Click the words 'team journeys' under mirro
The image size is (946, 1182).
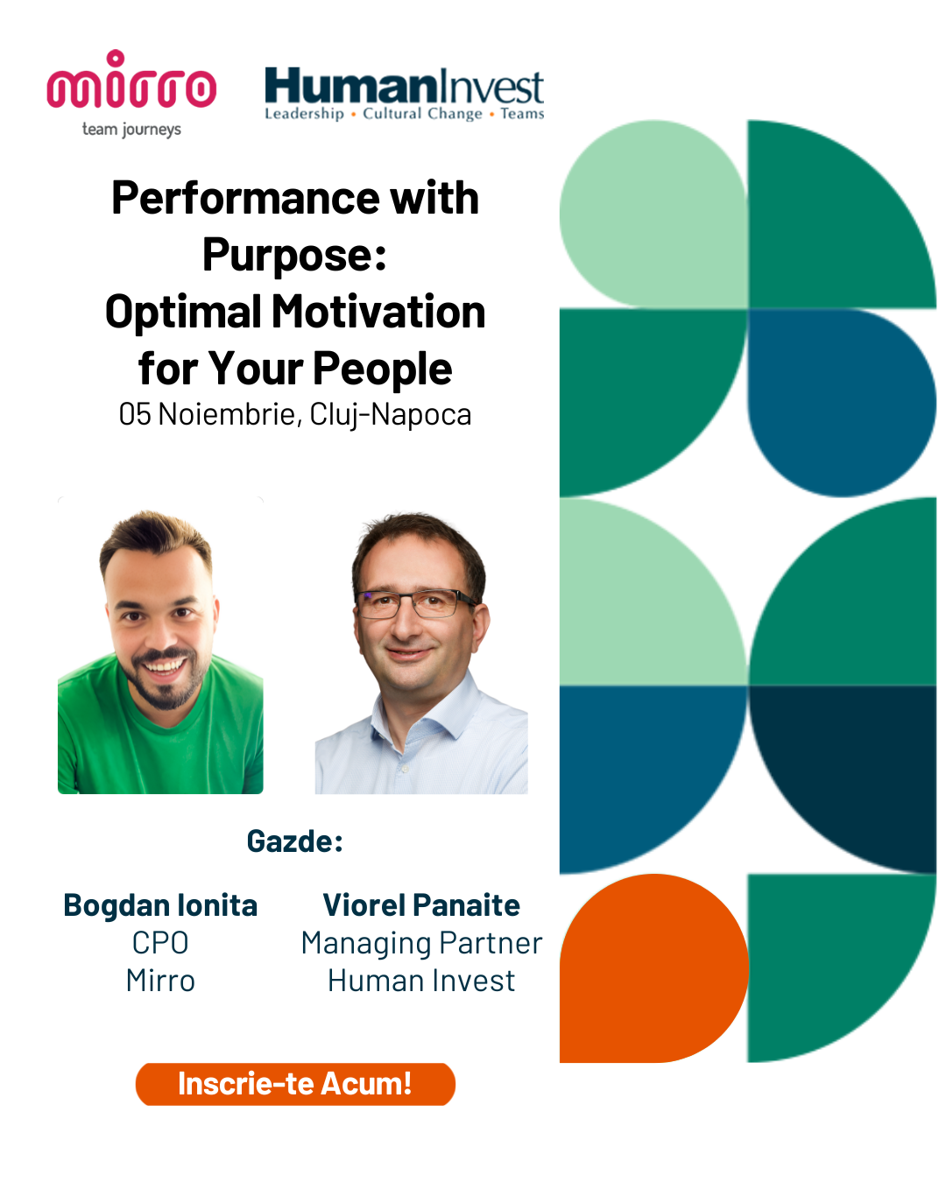coord(131,130)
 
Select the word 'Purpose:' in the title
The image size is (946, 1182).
coord(294,255)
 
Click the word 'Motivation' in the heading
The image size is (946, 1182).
coord(378,312)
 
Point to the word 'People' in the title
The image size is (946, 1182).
coord(383,369)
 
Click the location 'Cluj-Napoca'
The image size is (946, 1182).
coord(391,415)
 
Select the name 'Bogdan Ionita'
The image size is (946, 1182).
coord(160,905)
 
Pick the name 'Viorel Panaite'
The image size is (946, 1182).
coord(421,905)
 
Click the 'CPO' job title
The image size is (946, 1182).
coord(160,943)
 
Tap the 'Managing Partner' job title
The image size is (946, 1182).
coord(421,944)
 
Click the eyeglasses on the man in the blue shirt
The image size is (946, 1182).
coord(415,602)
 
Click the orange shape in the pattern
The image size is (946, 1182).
coord(653,967)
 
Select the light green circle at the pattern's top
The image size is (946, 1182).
coord(653,214)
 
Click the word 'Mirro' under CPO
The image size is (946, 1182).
coord(160,981)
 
